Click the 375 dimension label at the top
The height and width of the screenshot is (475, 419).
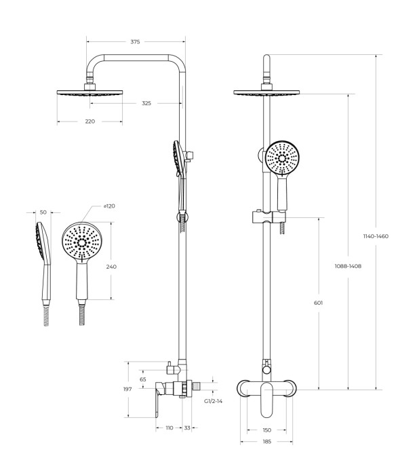click(x=135, y=42)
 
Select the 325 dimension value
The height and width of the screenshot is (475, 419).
click(x=146, y=103)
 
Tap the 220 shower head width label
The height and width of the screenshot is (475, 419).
click(x=90, y=121)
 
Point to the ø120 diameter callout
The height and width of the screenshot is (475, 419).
click(x=109, y=206)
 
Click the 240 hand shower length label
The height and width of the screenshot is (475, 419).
click(x=111, y=267)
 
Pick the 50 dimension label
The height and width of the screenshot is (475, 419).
click(x=43, y=212)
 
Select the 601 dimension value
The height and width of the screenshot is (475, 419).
click(x=319, y=303)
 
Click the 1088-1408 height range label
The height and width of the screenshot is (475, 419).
click(x=348, y=266)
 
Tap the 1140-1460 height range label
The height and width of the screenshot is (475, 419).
click(x=376, y=236)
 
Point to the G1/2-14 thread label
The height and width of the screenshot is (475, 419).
click(x=214, y=401)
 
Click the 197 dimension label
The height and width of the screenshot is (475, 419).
click(x=127, y=389)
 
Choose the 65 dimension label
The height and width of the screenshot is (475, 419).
click(x=143, y=379)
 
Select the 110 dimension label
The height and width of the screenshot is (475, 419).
click(x=169, y=427)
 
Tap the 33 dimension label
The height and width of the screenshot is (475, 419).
click(x=187, y=427)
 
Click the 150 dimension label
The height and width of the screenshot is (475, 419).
click(x=266, y=430)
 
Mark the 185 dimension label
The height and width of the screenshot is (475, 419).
click(x=266, y=442)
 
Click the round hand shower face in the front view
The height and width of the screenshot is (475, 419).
click(x=281, y=159)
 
